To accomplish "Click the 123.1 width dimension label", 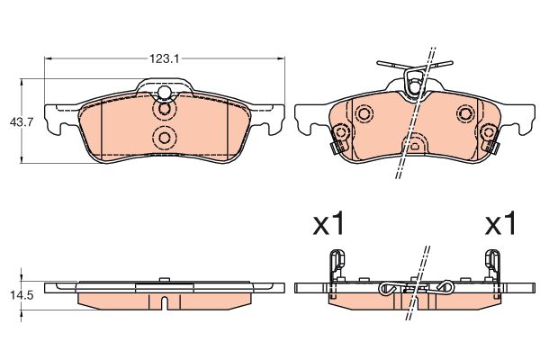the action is point(165,58).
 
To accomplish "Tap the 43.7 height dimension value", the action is point(22,122).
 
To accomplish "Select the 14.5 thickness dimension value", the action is point(22,295).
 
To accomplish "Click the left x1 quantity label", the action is point(328,223).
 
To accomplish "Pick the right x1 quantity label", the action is point(500,223).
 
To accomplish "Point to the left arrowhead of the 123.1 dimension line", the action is point(49,58).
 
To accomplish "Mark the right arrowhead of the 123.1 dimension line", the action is point(281,58).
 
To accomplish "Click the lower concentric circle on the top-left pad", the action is point(165,138).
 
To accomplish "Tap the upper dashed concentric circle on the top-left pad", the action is point(165,109).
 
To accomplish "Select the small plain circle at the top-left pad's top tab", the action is point(165,93).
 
